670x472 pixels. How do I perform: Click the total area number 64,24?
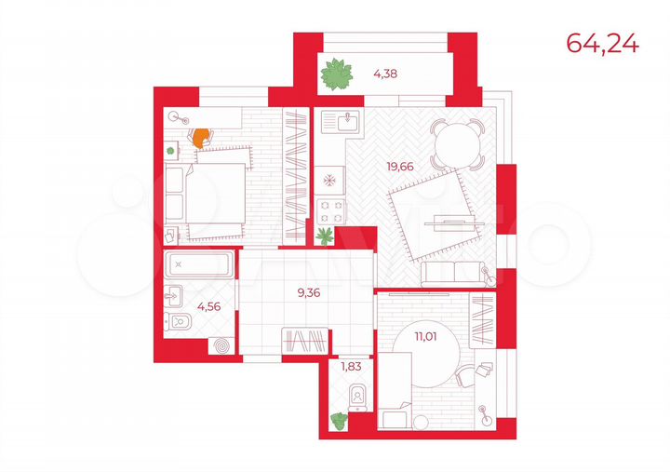coord(602,45)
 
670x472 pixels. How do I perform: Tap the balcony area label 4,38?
coord(385,73)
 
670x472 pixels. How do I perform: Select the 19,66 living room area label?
coord(404,168)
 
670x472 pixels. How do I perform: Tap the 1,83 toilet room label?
coord(352,367)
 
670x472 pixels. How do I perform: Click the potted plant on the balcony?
coord(339,74)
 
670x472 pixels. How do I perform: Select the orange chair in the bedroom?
coord(200,137)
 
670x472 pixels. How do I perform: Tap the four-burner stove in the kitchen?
coord(330,209)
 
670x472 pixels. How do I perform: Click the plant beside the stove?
coord(325,236)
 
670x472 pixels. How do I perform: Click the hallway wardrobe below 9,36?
coord(305,342)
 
